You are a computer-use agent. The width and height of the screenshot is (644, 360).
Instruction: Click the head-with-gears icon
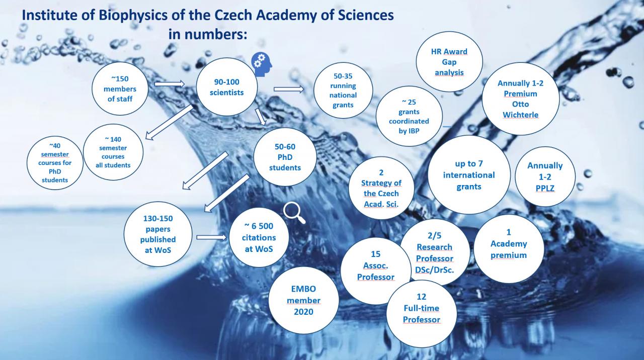(x=261, y=65)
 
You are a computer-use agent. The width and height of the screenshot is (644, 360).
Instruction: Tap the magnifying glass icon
(x=294, y=213)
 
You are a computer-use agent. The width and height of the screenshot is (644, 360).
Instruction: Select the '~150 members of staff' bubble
(x=120, y=89)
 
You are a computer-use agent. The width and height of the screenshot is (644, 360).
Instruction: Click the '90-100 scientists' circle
(x=227, y=87)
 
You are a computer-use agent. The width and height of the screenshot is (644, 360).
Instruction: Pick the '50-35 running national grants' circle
(x=343, y=90)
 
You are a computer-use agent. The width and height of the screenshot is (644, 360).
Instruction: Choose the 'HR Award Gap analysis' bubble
(x=449, y=62)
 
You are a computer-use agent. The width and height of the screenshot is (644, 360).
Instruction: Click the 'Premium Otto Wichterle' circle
(x=521, y=99)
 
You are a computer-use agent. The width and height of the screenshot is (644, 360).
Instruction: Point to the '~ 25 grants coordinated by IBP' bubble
(x=409, y=116)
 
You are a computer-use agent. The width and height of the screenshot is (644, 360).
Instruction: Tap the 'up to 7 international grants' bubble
(x=469, y=175)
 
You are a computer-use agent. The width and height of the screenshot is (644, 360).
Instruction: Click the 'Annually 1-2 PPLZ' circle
(x=545, y=176)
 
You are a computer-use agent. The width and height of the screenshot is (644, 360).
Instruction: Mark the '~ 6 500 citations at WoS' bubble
(x=259, y=238)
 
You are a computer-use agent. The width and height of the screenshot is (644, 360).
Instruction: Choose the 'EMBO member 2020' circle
(x=303, y=301)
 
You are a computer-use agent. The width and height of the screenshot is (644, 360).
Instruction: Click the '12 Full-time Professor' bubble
(x=422, y=313)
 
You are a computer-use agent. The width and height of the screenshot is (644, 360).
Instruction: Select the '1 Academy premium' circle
(x=509, y=249)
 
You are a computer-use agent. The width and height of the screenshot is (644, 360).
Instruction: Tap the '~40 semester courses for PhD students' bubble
(x=55, y=163)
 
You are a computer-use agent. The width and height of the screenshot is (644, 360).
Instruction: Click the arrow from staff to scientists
(x=170, y=83)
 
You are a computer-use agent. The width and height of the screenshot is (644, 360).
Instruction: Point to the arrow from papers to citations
(x=212, y=237)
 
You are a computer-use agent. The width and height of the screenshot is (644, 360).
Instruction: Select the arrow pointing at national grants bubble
(x=289, y=89)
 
